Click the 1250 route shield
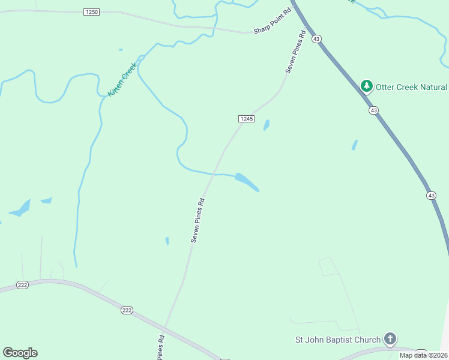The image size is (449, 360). click(x=92, y=12)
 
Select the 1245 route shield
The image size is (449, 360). click(x=246, y=119)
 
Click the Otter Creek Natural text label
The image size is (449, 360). click(x=412, y=87)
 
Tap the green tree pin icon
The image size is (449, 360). click(x=366, y=87)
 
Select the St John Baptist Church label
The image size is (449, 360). click(x=338, y=340)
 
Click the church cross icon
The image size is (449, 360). click(x=390, y=340)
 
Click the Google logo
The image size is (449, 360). click(x=20, y=353)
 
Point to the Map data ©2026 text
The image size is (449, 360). click(x=423, y=355)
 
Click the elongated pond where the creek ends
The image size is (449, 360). click(x=247, y=181)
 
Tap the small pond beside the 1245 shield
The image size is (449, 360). click(x=266, y=125)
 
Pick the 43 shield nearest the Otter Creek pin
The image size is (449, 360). click(x=373, y=110)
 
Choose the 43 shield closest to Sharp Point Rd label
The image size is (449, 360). click(x=317, y=38)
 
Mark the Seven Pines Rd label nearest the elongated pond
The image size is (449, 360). click(x=199, y=220)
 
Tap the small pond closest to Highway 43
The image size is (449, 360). click(x=354, y=145)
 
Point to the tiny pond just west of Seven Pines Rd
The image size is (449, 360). click(x=167, y=241)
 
